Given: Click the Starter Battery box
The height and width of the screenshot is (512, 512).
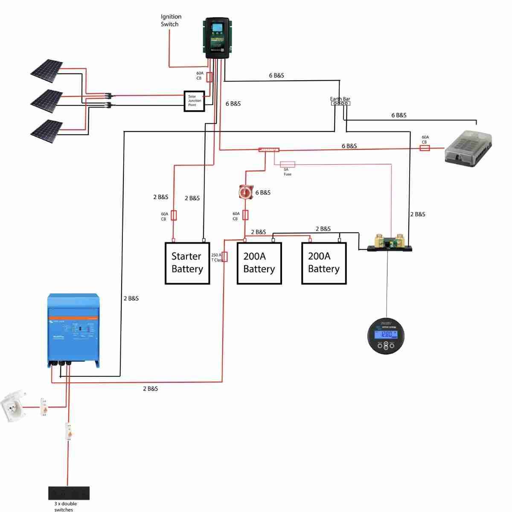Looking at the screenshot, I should [187, 263].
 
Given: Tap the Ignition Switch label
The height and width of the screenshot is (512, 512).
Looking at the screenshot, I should [171, 20].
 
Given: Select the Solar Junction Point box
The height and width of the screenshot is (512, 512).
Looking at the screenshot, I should [194, 101].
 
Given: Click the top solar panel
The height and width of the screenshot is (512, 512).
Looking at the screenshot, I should [47, 70].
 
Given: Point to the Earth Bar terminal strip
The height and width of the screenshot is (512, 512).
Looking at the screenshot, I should [340, 103].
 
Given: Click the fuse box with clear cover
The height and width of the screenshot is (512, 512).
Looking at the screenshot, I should [468, 147].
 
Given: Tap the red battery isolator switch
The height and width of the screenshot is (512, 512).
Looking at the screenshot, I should [246, 192].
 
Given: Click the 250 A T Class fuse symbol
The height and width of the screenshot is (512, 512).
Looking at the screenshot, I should [225, 257].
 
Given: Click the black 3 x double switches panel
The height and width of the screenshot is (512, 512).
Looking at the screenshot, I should [69, 493].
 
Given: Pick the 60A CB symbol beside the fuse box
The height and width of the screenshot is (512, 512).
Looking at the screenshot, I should [425, 148].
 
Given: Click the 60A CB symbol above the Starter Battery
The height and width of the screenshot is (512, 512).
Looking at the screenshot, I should [174, 215].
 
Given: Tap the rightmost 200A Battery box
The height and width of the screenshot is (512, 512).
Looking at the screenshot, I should [324, 263].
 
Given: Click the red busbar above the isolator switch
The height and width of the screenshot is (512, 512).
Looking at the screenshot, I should [269, 150].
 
